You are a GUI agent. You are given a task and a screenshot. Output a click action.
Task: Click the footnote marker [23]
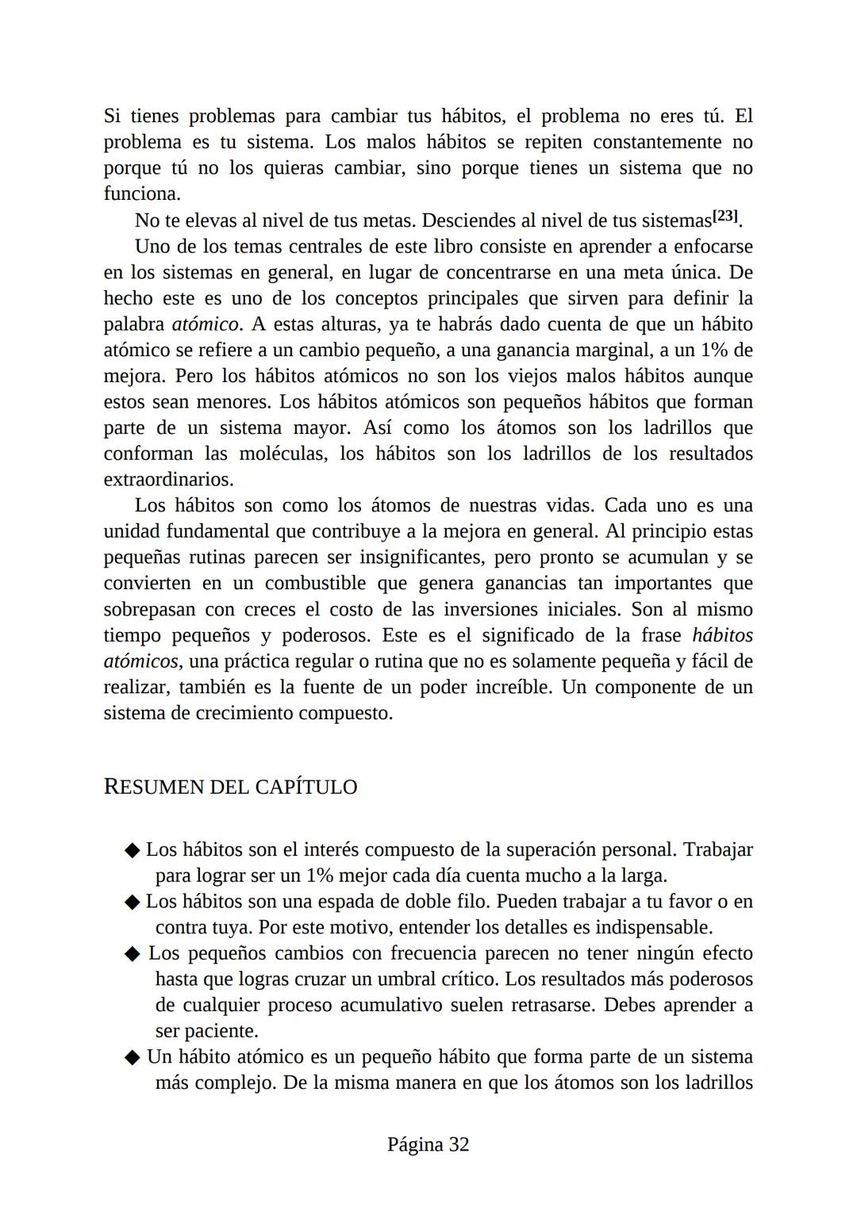tap(725, 217)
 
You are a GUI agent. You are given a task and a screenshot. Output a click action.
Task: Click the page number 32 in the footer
tap(459, 1144)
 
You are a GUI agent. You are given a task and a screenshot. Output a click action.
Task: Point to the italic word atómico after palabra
tap(205, 324)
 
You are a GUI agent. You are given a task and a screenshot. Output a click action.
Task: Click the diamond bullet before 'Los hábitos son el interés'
tap(133, 850)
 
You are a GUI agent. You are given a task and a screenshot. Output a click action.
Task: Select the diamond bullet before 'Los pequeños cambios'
tap(133, 954)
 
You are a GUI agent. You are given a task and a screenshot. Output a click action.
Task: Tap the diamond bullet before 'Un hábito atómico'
tap(133, 1058)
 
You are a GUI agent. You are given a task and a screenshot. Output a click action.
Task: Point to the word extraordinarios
tap(168, 480)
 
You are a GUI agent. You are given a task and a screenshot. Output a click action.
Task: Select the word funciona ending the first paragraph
tap(141, 194)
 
